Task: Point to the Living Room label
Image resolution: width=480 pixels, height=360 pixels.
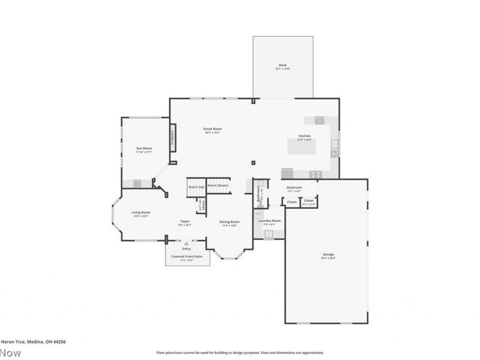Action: point(141,212)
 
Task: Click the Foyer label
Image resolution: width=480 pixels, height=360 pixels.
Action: point(185,221)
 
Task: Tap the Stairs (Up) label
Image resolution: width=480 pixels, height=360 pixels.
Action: point(196,186)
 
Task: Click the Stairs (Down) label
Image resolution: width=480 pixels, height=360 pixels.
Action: point(218,185)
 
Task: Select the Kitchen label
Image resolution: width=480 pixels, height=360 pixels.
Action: point(305,136)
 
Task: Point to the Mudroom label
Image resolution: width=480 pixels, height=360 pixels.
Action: point(293,188)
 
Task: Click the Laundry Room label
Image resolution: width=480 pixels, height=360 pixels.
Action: point(269,221)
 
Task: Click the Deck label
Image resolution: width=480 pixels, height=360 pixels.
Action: point(283,65)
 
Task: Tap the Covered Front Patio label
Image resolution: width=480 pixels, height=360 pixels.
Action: point(186,256)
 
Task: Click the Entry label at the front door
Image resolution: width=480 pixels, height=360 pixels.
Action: point(186,248)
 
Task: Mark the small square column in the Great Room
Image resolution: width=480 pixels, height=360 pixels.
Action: point(253,161)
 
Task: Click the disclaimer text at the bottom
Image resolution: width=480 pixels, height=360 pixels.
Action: point(240,353)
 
